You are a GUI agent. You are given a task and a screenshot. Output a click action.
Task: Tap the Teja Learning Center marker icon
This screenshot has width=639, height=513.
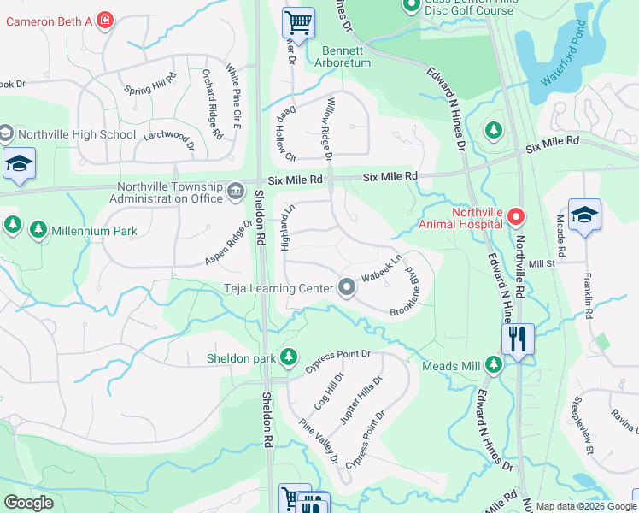[346, 288]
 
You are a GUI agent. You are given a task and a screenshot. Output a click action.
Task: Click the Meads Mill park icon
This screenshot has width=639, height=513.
[493, 365]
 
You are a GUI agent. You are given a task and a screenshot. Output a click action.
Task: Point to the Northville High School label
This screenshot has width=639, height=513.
[76, 134]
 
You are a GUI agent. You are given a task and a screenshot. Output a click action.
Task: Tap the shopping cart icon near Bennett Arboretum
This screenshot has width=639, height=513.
[298, 21]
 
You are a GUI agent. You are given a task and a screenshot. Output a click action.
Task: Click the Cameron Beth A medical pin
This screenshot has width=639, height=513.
[105, 19]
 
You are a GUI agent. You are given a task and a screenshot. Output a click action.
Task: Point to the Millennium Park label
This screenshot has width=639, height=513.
[94, 230]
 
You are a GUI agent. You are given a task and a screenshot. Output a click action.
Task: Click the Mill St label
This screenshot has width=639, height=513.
[542, 264]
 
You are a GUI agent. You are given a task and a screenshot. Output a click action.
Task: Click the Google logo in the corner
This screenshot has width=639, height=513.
[28, 503]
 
